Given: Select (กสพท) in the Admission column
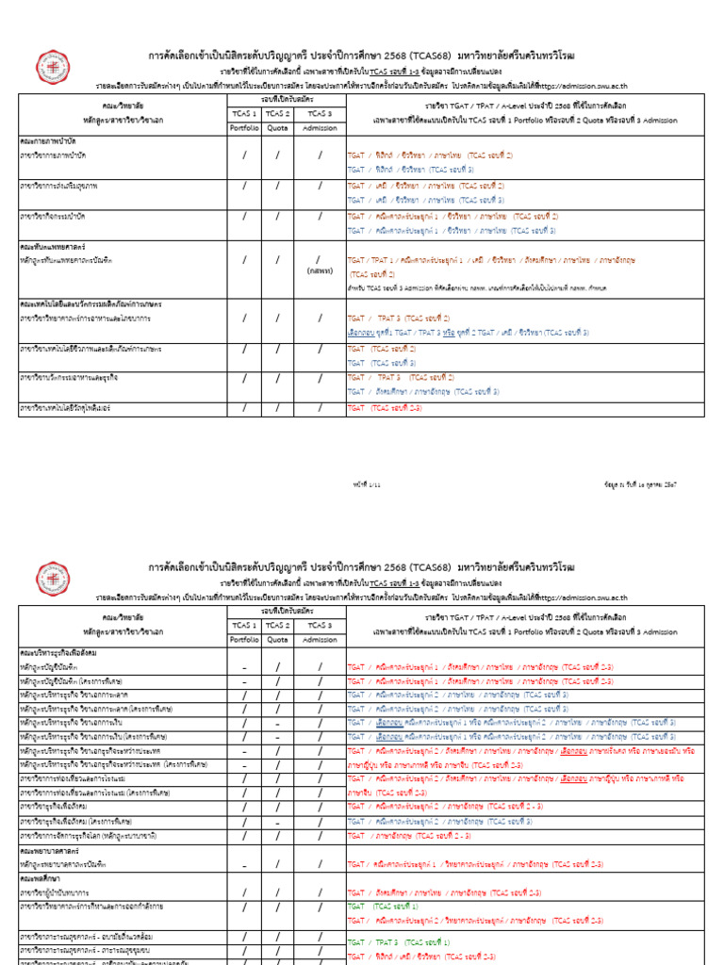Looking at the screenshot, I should (319, 270).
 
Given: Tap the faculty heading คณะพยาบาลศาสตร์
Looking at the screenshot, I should (52, 851).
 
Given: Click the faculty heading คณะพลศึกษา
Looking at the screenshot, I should (43, 876).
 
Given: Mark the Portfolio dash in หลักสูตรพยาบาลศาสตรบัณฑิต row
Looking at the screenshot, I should (244, 864).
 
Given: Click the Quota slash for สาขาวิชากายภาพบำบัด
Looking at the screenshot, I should (277, 155).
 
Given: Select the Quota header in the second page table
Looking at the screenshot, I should (277, 641).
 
